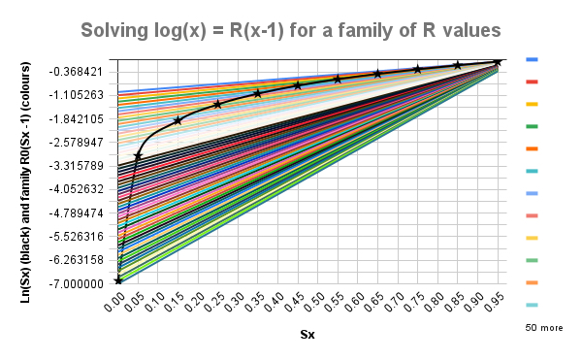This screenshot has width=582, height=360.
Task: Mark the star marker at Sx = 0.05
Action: [138, 155]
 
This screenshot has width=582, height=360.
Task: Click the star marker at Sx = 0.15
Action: [178, 120]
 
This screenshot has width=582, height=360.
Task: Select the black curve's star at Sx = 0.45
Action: [298, 85]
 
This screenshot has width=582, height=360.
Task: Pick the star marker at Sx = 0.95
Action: [497, 62]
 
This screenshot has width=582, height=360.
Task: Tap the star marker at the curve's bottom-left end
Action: [118, 280]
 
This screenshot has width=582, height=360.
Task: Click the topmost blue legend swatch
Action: [532, 60]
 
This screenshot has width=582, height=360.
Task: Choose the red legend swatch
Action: [532, 82]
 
